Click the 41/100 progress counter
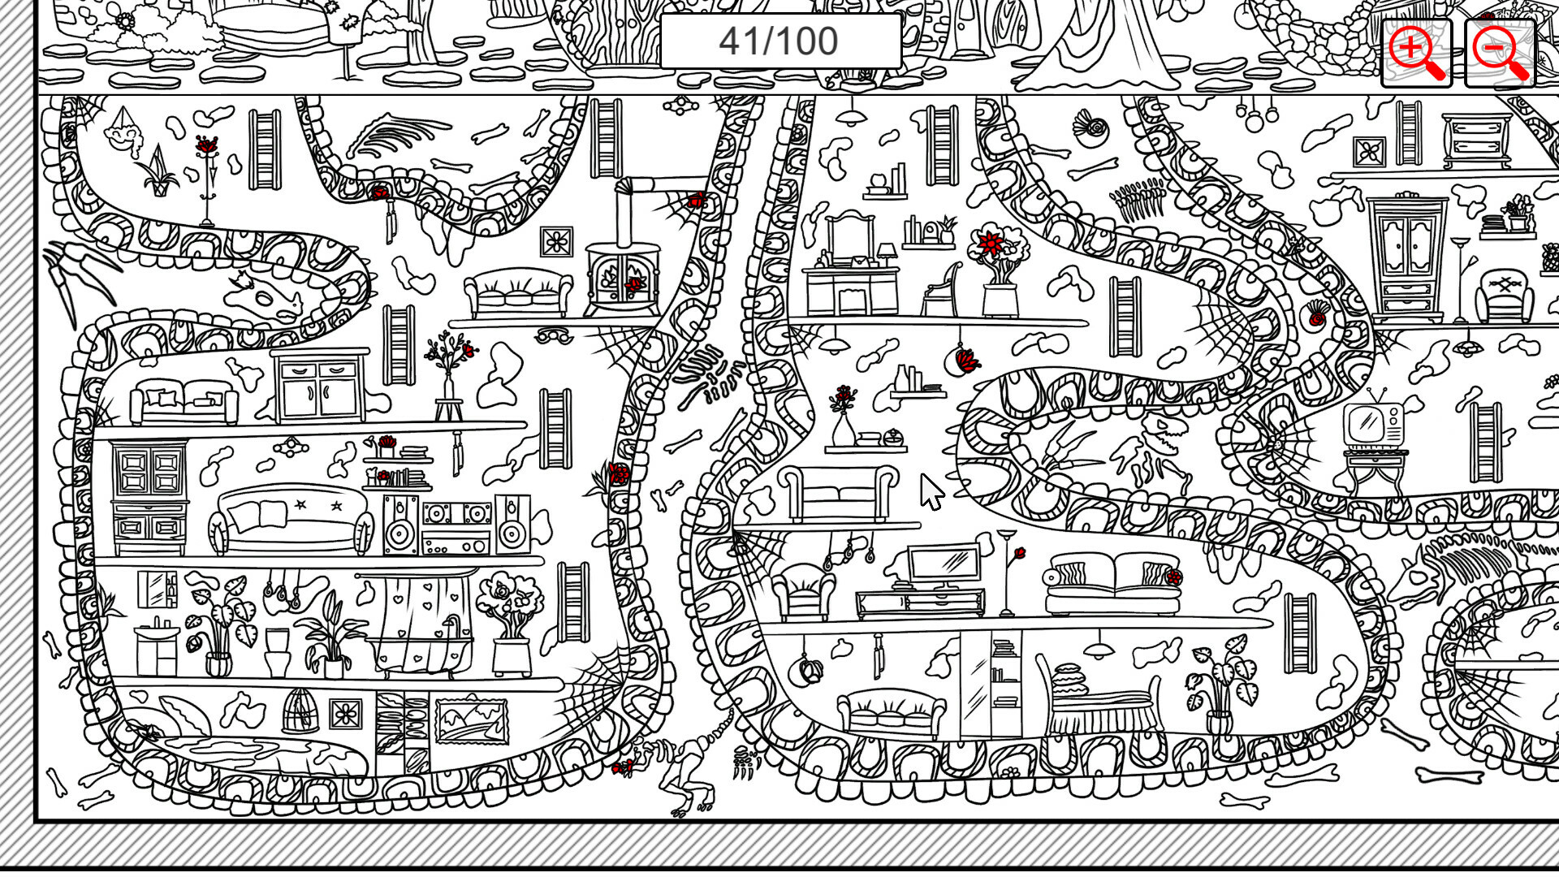[779, 41]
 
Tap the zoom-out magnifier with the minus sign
[1499, 52]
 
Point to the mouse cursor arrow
[931, 490]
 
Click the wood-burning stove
[623, 276]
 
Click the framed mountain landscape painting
[472, 719]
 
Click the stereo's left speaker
[400, 526]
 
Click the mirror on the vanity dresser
[849, 235]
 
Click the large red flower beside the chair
[991, 243]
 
